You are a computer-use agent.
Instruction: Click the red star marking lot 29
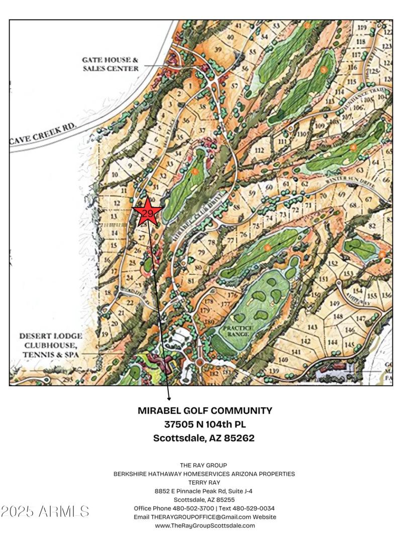[147, 212]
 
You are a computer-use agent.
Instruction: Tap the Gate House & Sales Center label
[110, 64]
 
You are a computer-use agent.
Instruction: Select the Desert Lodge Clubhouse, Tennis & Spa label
[51, 345]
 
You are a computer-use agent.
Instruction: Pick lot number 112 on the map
[259, 150]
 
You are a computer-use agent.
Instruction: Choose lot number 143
[313, 328]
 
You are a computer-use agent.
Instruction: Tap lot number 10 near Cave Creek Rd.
[115, 175]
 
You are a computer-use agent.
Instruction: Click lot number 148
[338, 316]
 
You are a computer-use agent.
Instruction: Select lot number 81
[190, 279]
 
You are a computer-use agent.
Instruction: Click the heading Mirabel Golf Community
[205, 410]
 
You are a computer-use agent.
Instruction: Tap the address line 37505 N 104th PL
[205, 424]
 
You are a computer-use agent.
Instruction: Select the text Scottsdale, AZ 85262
[205, 438]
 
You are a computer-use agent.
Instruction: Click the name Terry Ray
[204, 482]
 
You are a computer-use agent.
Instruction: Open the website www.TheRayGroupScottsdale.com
[205, 525]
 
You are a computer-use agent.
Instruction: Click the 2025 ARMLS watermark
[45, 511]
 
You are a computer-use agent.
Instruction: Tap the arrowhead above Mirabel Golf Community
[169, 398]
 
